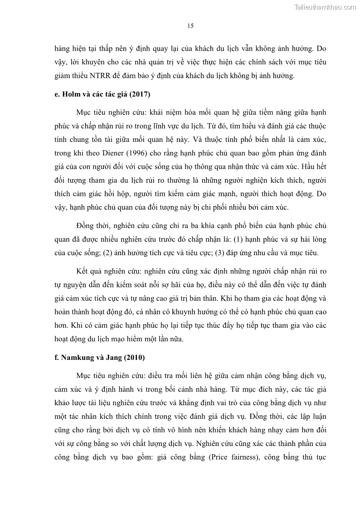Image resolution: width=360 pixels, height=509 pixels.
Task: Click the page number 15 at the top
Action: click(190, 26)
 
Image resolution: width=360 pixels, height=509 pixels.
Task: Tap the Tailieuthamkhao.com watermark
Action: click(326, 7)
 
